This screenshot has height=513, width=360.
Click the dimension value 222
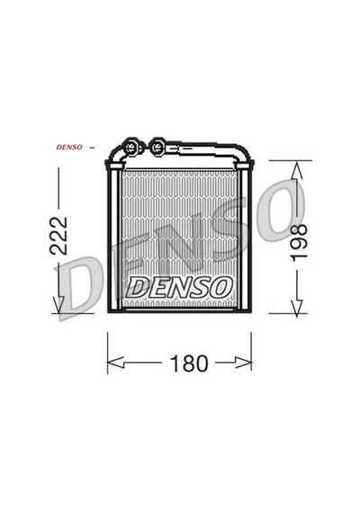(58, 236)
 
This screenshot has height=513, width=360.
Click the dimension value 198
(299, 242)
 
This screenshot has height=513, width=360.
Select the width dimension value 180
(189, 364)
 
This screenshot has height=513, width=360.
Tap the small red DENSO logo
(69, 148)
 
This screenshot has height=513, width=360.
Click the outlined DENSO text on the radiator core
(179, 288)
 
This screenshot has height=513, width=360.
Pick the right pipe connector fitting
(157, 147)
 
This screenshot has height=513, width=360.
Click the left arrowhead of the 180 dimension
(115, 363)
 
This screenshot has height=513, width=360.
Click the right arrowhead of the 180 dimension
(244, 363)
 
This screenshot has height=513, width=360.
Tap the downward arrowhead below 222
(58, 304)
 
